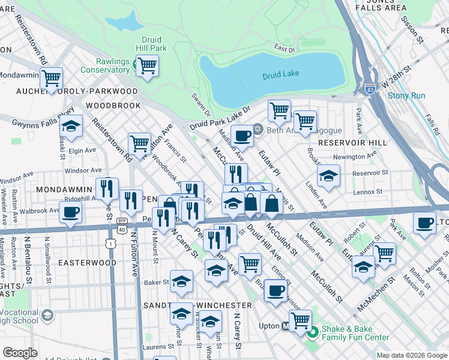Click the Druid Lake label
[x=280, y=76]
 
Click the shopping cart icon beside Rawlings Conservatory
[x=146, y=64]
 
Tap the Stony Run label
[x=406, y=95]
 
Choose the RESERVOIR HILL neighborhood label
[x=348, y=143]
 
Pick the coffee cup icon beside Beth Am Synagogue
[x=242, y=136]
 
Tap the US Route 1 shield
[x=109, y=243]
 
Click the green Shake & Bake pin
[x=312, y=329]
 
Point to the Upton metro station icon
[x=287, y=327]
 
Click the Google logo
[x=20, y=353]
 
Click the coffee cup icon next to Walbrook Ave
[x=71, y=212]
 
